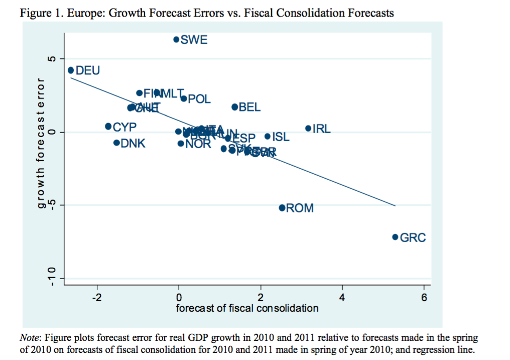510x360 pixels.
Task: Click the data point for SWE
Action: pos(176,39)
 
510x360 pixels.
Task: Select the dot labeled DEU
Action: pos(71,70)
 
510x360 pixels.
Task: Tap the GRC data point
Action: pos(395,237)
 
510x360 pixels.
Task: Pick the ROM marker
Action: pos(282,207)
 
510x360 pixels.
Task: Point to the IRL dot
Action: pos(308,129)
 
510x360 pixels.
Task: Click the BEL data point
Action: pos(234,107)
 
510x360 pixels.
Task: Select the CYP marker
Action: pos(108,126)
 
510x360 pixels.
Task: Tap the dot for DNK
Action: pos(116,143)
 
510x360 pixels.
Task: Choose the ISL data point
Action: pos(268,137)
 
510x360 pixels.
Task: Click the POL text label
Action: pos(199,99)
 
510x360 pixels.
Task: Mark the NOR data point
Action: pos(181,144)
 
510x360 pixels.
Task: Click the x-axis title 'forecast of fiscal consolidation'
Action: pos(247,308)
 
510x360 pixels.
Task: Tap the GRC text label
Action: pos(413,237)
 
